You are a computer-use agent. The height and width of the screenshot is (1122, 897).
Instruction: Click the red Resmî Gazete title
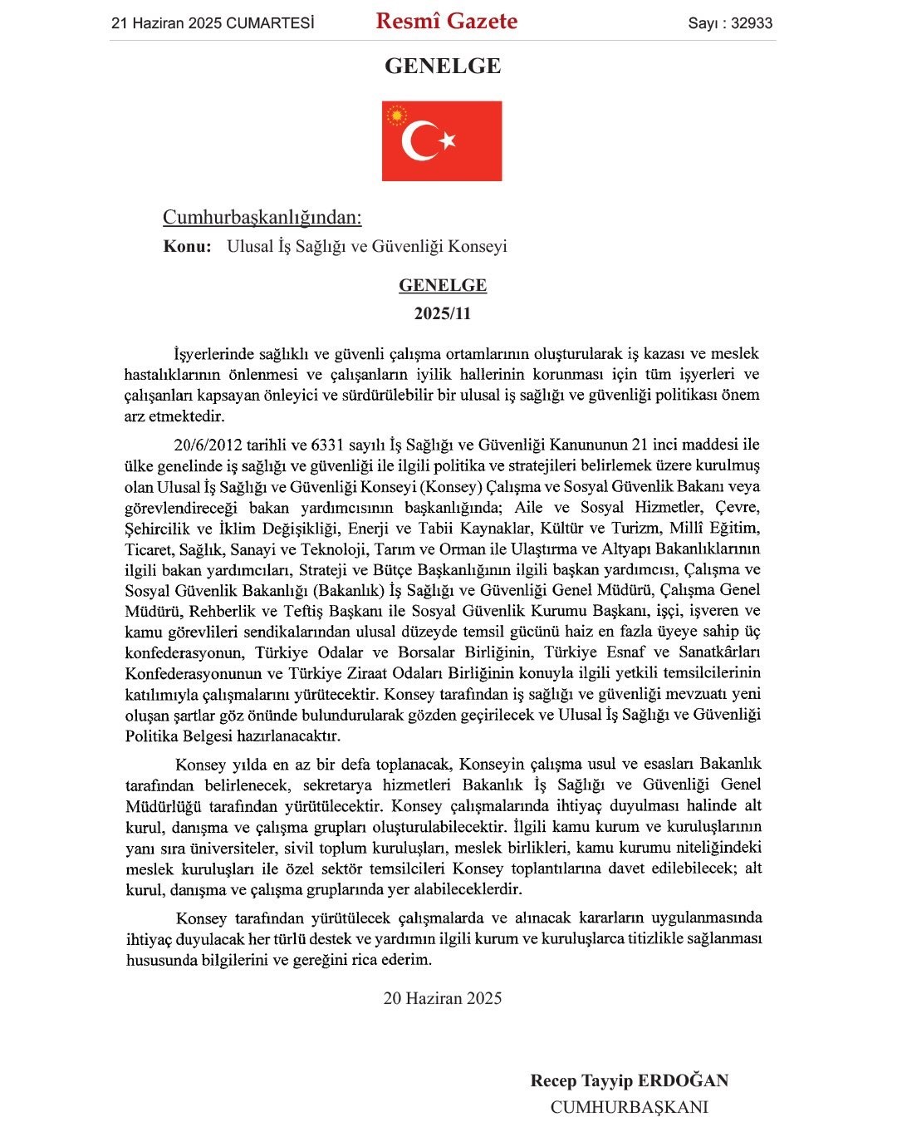coord(446,22)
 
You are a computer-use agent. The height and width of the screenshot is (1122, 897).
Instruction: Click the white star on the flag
coord(448,140)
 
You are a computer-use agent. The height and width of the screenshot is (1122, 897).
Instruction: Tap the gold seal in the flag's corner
coord(396,115)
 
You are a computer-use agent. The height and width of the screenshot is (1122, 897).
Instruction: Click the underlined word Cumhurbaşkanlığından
coord(262,218)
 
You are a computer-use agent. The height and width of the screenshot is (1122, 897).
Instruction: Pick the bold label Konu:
coord(187,246)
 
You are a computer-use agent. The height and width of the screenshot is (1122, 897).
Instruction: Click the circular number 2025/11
coord(443,313)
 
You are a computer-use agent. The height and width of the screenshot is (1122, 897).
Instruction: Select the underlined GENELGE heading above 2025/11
coord(443,285)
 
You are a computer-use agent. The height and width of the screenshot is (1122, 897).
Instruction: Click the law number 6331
coord(327,445)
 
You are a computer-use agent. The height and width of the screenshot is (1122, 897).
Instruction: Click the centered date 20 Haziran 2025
coord(443,998)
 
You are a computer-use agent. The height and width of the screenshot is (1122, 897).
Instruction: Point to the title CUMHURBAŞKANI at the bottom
coord(629,1107)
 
